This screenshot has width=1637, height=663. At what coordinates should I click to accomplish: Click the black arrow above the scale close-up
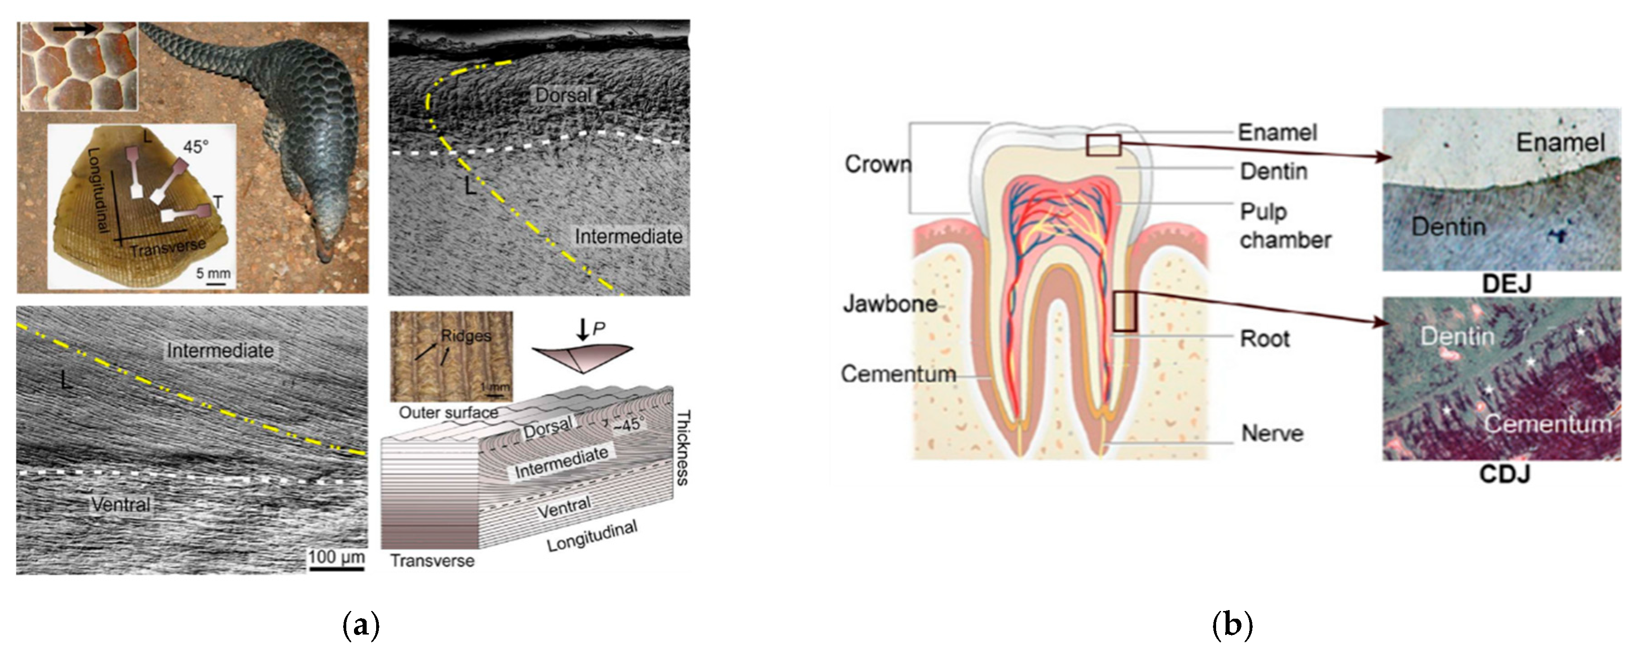click(x=75, y=28)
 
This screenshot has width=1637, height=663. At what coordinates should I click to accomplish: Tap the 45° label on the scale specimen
click(x=196, y=147)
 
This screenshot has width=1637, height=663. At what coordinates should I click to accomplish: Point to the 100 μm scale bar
click(x=336, y=568)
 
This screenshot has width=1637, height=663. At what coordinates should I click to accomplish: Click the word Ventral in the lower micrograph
click(x=121, y=505)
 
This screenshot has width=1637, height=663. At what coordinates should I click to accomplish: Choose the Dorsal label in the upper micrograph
click(x=563, y=95)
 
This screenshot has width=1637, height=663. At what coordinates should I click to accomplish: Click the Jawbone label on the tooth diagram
click(x=890, y=304)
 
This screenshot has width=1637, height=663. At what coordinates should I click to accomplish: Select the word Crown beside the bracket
click(x=877, y=164)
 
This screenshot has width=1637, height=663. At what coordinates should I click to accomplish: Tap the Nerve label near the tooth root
click(x=1272, y=434)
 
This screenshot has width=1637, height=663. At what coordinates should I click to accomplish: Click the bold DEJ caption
click(x=1506, y=284)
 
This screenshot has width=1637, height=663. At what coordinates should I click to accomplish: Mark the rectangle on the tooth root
click(x=1125, y=311)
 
